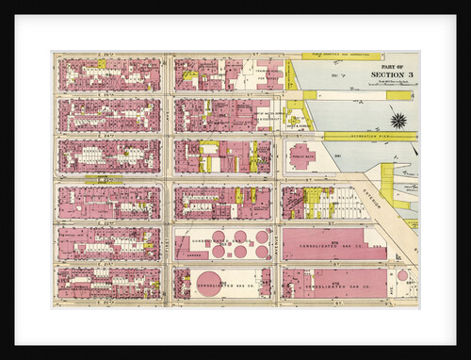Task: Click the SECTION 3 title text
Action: tap(388, 74)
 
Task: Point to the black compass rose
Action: tap(398, 120)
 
